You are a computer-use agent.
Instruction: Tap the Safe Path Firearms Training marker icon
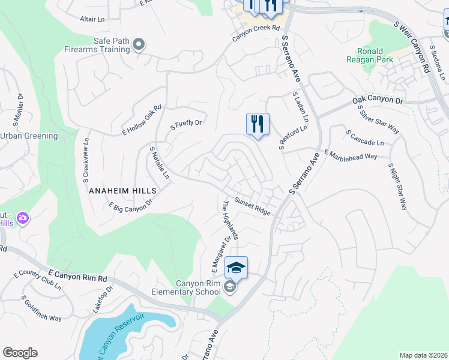click(139, 44)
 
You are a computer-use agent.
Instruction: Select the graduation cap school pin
click(237, 268)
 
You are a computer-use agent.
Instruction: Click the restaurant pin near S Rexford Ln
click(258, 124)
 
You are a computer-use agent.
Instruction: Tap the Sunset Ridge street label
click(252, 206)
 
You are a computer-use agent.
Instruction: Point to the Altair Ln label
click(92, 19)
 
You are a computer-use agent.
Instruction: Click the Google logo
click(20, 353)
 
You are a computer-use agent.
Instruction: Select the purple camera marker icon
click(23, 217)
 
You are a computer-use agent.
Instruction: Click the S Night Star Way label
click(398, 186)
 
